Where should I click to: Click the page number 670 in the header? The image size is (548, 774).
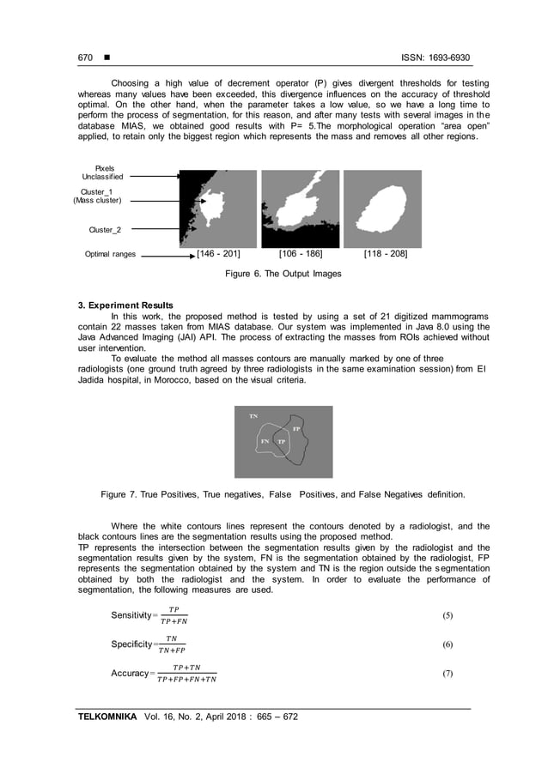pos(85,57)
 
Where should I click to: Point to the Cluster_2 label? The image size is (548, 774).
pos(105,230)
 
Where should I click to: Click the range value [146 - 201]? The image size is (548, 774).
pos(218,254)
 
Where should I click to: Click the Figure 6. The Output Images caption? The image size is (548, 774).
pos(283,274)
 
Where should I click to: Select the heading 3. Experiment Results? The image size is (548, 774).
pos(125,305)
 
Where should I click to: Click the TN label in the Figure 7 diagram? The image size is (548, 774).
pos(253,415)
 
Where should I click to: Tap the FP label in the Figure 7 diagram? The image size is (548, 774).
pos(296,428)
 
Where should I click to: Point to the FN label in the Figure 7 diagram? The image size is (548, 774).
pos(265,441)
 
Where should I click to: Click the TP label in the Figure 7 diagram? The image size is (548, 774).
pos(282,441)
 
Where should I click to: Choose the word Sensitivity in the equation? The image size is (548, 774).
pos(130,616)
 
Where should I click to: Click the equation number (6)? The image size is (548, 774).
pos(447,644)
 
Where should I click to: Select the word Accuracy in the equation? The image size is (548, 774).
pos(129,674)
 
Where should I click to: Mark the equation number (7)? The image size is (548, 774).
pos(447,674)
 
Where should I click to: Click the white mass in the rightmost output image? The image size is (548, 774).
pos(383,209)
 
